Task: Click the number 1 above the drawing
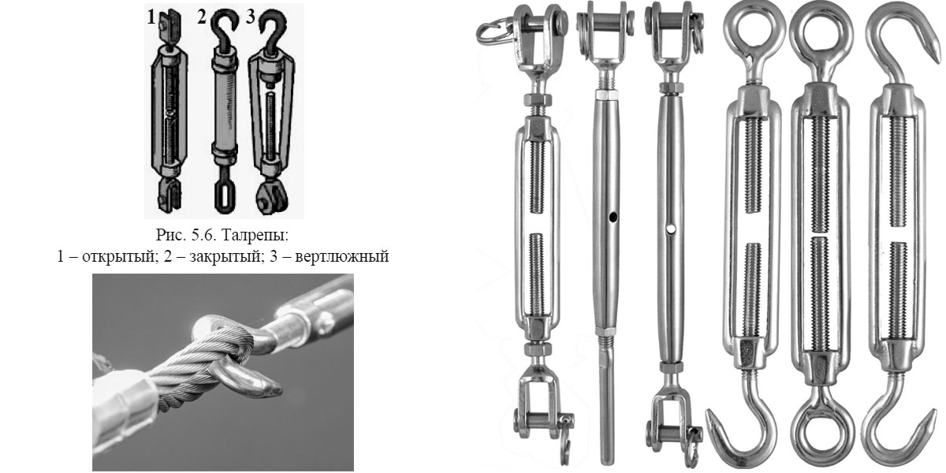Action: point(151,17)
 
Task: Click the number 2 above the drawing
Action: point(202,17)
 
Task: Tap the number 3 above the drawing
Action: point(251,17)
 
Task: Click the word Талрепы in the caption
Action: point(255,235)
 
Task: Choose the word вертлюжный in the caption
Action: point(342,256)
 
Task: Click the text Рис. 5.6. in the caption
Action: point(187,235)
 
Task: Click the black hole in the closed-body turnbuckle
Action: point(613,218)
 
